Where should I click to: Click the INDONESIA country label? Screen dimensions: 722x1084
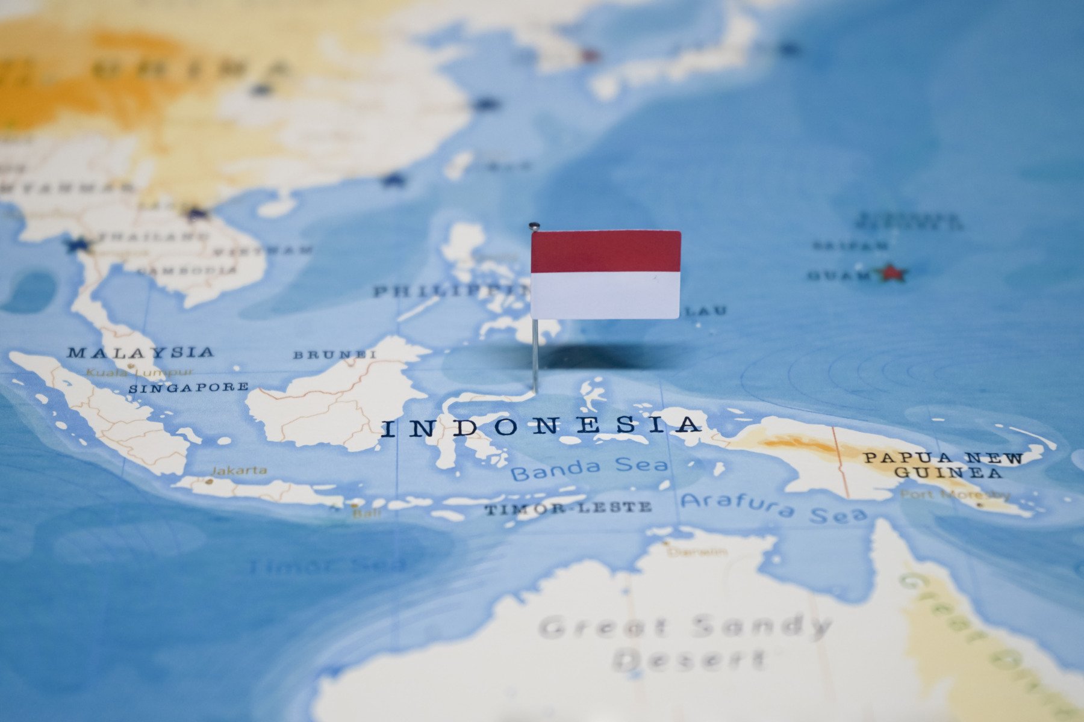[x=541, y=426]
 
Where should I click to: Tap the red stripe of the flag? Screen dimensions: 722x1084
[x=605, y=251]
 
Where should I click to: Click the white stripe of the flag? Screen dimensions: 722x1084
[x=605, y=295]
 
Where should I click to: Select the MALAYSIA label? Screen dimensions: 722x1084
[x=140, y=352]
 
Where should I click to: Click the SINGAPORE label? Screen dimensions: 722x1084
[x=188, y=387]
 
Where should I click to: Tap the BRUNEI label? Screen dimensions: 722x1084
[x=335, y=354]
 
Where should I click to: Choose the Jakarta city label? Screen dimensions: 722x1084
[x=239, y=470]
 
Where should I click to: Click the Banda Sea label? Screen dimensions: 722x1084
[x=589, y=467]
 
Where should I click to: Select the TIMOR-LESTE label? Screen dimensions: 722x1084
[x=568, y=508]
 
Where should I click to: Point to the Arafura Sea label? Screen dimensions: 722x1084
[x=774, y=507]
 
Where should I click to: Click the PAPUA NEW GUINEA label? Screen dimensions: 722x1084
[x=944, y=465]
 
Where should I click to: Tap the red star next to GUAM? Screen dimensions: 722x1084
[x=892, y=273]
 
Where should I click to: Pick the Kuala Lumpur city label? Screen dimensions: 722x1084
[x=140, y=372]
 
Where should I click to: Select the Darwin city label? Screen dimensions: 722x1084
[x=697, y=551]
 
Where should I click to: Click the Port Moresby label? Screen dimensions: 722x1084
[x=955, y=495]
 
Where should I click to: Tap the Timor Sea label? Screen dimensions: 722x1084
[x=328, y=566]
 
